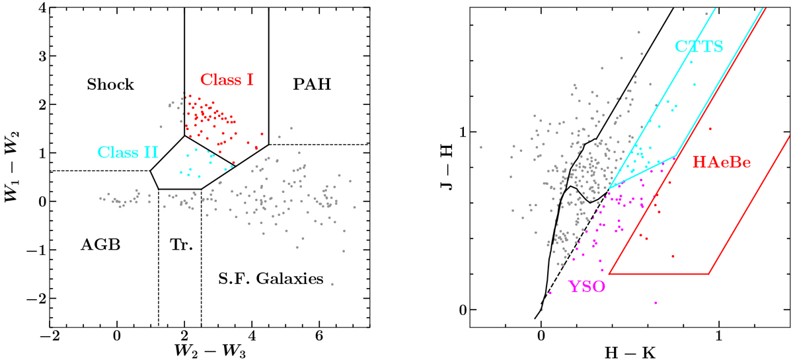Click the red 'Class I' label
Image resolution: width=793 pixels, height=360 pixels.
pos(227,80)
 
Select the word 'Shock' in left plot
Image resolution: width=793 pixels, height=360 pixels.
pos(111,85)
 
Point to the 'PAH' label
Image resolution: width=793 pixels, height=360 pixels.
pos(311,85)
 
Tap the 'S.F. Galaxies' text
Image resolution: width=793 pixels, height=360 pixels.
pos(270,279)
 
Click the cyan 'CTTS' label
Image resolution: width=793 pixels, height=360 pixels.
pos(699,46)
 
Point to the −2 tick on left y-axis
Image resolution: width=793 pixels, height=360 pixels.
pos(37,299)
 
